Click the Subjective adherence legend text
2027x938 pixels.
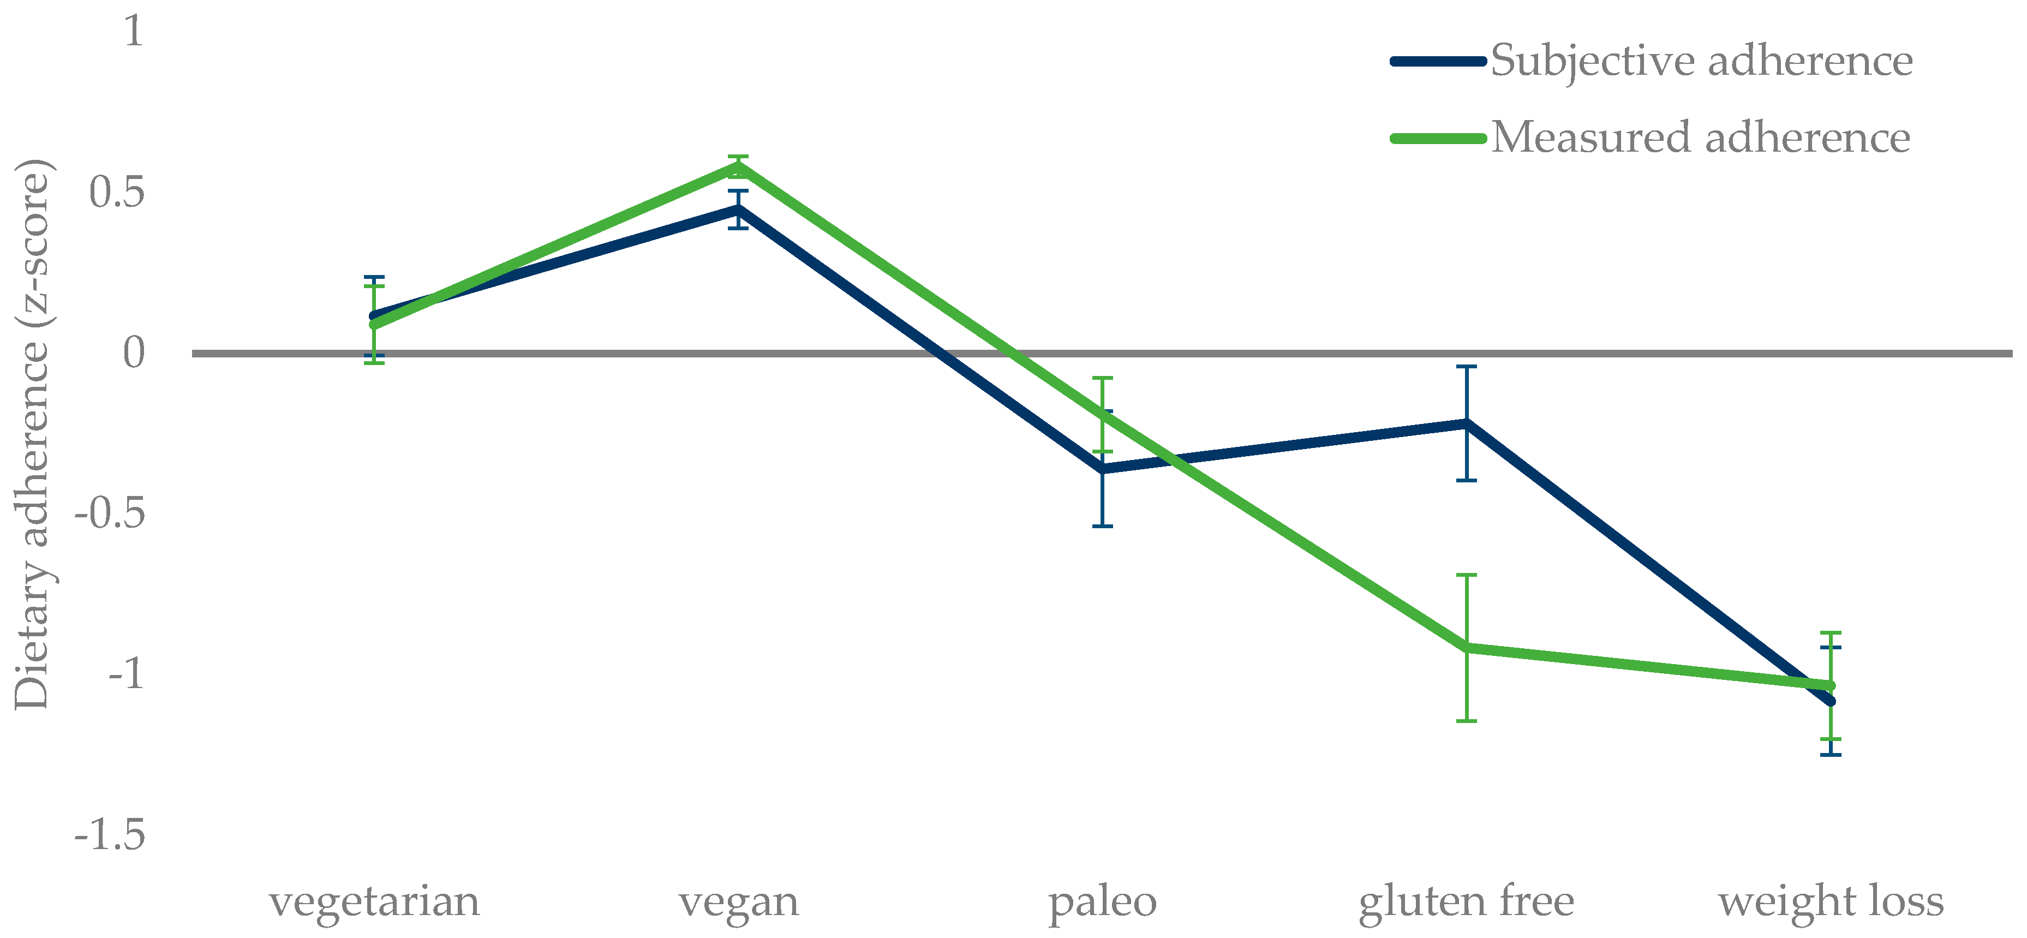pyautogui.click(x=1701, y=61)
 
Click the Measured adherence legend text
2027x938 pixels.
pyautogui.click(x=1700, y=138)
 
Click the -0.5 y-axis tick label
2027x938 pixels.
pyautogui.click(x=110, y=513)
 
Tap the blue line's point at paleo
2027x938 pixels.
pyautogui.click(x=1102, y=469)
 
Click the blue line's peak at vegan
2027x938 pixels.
pyautogui.click(x=738, y=210)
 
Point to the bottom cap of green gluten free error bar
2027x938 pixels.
pyautogui.click(x=1466, y=721)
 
